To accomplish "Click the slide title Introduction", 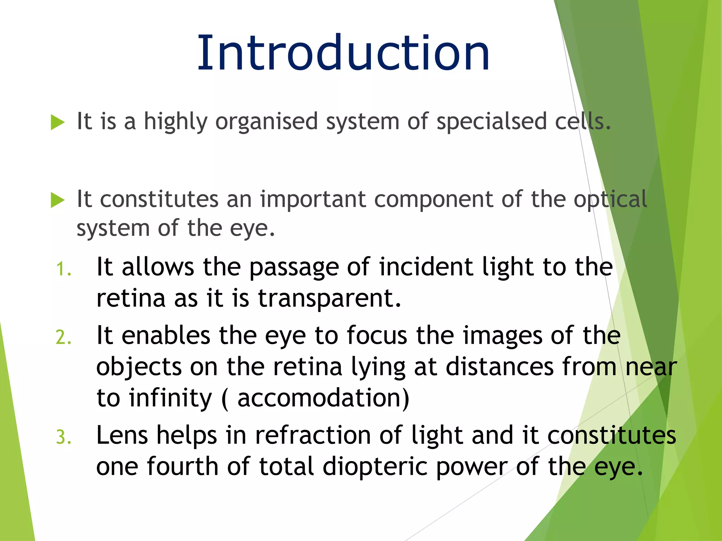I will click(343, 53).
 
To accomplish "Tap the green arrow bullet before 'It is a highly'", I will click(57, 122).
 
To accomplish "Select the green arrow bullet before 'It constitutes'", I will click(57, 200).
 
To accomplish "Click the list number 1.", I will click(64, 269).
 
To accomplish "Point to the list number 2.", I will click(64, 337).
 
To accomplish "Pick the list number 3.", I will click(64, 438).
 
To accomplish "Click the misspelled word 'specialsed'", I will click(491, 122).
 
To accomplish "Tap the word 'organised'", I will click(267, 122).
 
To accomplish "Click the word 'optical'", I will click(610, 199).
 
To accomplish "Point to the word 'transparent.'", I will click(330, 298).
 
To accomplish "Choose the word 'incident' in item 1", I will click(426, 267).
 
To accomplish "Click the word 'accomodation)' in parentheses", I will click(323, 398).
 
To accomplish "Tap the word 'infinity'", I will click(170, 398).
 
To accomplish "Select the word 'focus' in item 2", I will click(377, 335).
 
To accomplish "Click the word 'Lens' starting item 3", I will click(122, 435).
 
